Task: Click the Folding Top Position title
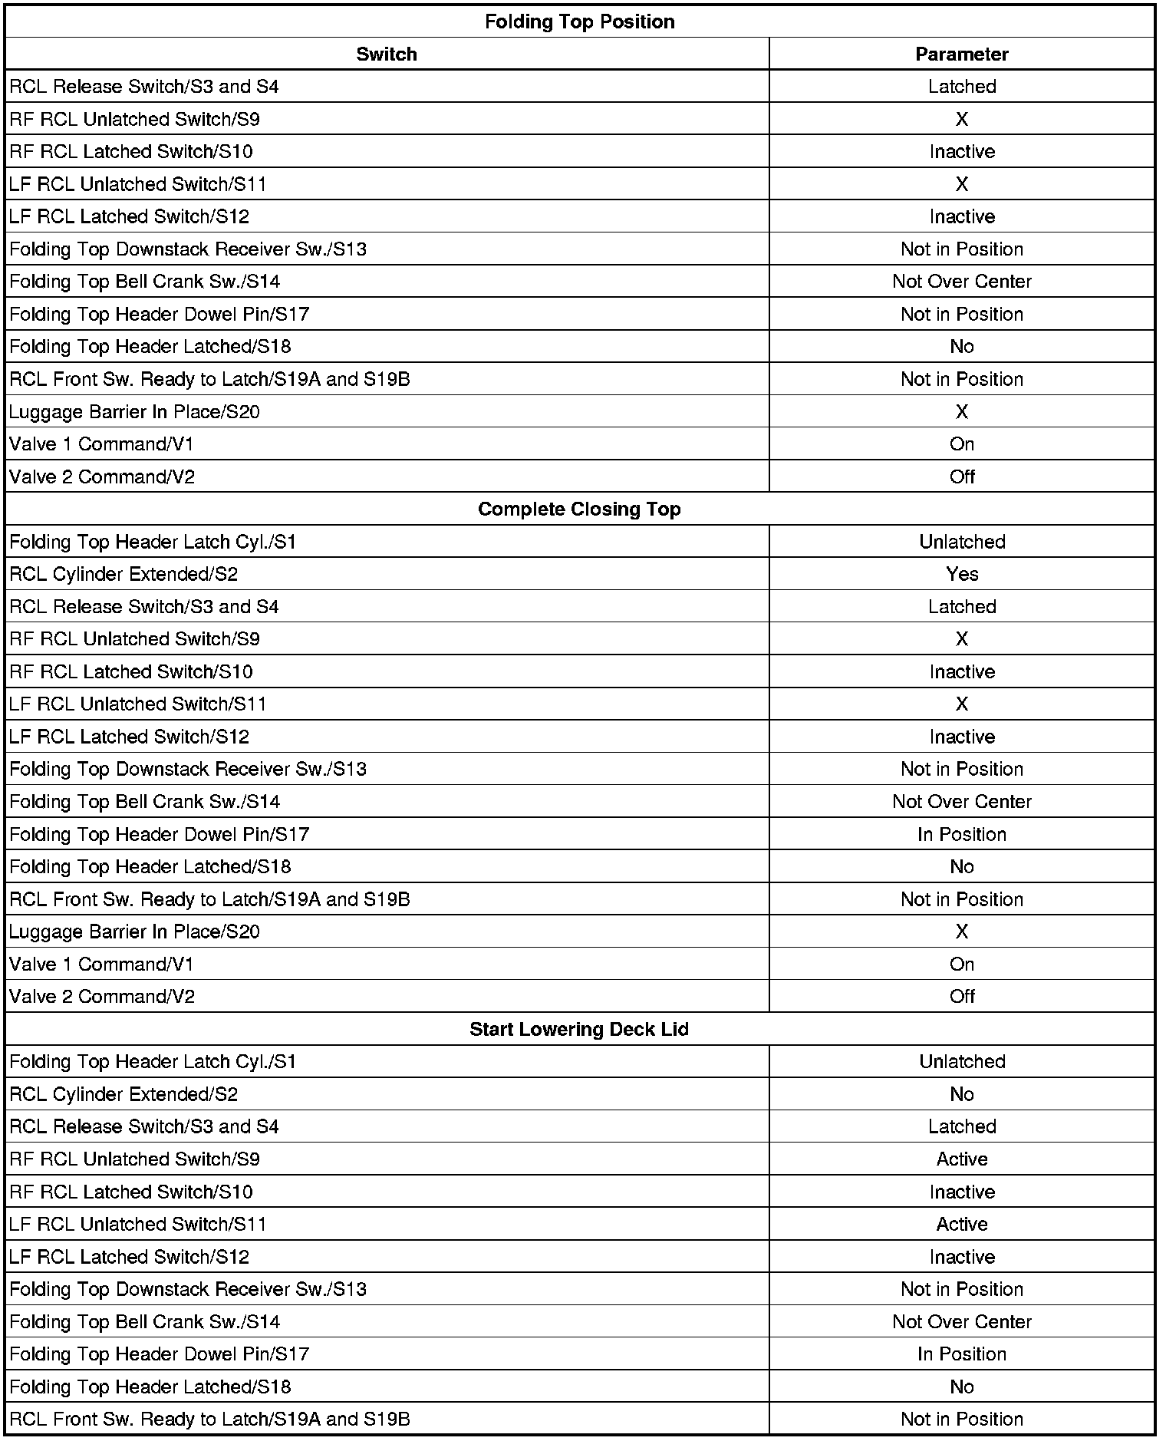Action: (x=579, y=21)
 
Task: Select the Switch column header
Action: (x=387, y=54)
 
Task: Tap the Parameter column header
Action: (x=961, y=54)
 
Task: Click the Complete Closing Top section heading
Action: (x=579, y=509)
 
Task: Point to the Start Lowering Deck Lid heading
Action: (x=579, y=1029)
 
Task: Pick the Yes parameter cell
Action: (x=961, y=574)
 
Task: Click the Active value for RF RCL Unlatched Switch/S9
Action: (x=961, y=1159)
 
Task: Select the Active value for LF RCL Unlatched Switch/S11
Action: (x=961, y=1224)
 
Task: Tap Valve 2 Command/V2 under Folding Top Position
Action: (x=102, y=476)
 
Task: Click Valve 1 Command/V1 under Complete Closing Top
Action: (x=102, y=964)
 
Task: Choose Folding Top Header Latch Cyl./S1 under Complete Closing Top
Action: (x=153, y=542)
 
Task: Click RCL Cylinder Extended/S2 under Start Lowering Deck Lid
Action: (x=124, y=1094)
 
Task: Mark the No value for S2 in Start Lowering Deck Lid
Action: (x=961, y=1094)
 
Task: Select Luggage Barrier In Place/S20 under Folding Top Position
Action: (x=134, y=412)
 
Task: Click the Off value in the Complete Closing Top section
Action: (x=961, y=996)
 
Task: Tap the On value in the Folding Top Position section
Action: (x=961, y=444)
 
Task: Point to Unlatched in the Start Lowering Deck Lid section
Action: (x=961, y=1061)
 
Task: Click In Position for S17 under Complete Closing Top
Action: (x=961, y=834)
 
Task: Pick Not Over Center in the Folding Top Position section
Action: (x=961, y=282)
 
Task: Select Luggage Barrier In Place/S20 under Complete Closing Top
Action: (x=134, y=932)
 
